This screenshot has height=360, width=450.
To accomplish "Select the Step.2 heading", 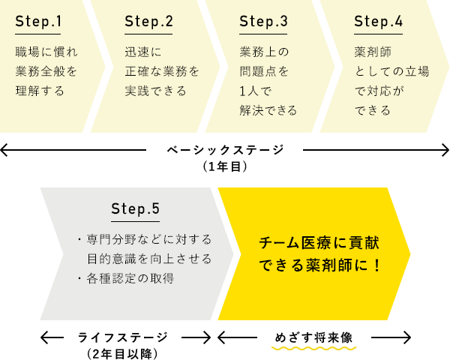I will (148, 21).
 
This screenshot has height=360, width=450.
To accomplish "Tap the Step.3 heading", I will (263, 21).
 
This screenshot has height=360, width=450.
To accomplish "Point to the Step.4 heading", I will (378, 21).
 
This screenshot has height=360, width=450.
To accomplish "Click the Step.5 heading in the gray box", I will (135, 208).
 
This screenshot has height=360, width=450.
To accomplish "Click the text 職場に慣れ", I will (46, 52).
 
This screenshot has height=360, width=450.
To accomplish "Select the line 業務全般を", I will (46, 72).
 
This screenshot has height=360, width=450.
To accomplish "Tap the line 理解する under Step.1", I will (40, 91).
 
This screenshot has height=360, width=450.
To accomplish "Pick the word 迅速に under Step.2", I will (143, 52).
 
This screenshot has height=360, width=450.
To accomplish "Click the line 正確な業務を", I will (162, 72).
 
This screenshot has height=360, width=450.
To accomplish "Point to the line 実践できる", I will (156, 91).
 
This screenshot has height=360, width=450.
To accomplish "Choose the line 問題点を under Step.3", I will (264, 72).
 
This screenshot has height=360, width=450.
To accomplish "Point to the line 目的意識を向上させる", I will (148, 259).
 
